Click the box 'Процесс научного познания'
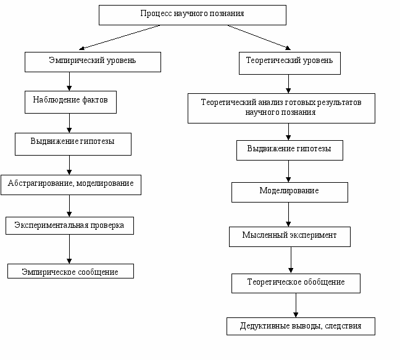coord(193,15)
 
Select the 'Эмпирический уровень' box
coord(93,62)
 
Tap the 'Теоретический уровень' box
coord(290,63)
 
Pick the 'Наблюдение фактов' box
coord(70,102)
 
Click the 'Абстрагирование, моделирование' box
coord(71,185)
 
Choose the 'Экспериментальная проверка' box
coord(70,225)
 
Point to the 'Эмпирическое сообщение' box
coord(70,271)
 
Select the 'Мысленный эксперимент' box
coord(290,237)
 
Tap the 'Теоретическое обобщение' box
coord(296,283)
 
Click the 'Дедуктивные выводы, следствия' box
coord(301,326)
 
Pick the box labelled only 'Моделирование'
coord(290,193)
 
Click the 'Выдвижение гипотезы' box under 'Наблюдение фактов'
coord(73,144)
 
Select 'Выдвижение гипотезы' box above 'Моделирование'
coord(290,150)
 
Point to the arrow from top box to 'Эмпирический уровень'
coord(119,37)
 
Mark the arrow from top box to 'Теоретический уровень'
coord(259,37)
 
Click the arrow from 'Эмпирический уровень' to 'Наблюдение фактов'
coord(69,82)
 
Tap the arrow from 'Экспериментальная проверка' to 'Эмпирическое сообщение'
coord(69,249)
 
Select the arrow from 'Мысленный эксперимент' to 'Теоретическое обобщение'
coord(291,260)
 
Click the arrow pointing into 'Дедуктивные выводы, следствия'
coord(296,305)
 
